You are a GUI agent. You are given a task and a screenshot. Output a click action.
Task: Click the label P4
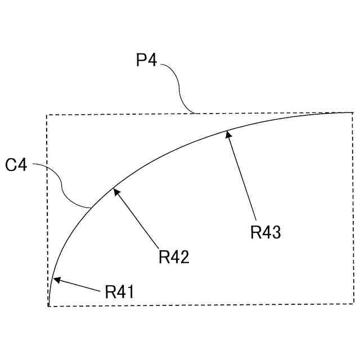click(146, 60)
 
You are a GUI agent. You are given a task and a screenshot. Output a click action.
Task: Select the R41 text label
click(119, 291)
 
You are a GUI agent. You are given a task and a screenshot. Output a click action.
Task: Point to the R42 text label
click(174, 257)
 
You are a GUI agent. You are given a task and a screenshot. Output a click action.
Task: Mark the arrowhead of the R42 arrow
click(116, 192)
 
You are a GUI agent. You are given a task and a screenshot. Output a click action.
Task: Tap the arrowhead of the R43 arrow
click(228, 134)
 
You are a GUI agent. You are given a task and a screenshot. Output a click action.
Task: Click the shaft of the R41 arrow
click(79, 285)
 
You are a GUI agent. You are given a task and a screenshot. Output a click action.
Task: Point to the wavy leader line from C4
click(62, 186)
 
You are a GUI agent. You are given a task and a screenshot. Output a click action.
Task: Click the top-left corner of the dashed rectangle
click(47, 115)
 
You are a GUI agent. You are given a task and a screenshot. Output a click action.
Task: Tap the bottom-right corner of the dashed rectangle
click(354, 304)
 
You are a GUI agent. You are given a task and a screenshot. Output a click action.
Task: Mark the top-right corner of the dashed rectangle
click(353, 113)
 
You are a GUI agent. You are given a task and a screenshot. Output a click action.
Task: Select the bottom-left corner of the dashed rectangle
click(48, 306)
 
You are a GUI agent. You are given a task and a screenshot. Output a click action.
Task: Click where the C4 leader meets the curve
click(91, 209)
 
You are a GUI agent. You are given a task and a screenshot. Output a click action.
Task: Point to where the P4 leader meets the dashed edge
click(194, 114)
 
